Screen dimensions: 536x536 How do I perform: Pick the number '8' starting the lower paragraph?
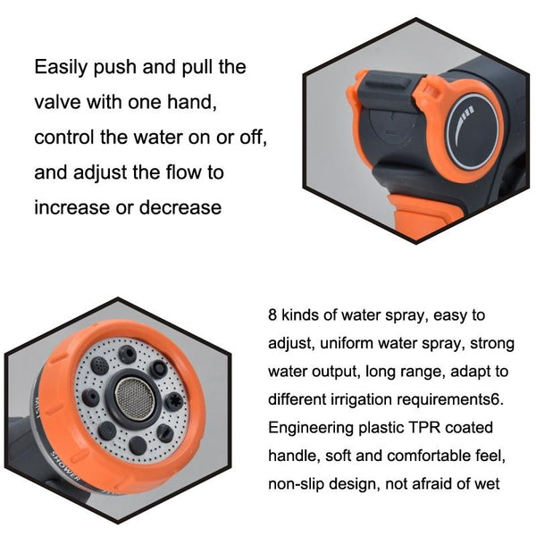pos(272,315)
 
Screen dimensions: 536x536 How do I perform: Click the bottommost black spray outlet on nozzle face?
pos(137,442)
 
